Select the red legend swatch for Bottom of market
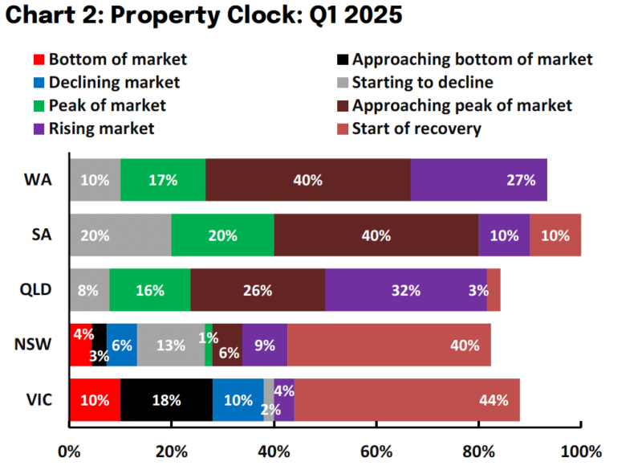point(39,59)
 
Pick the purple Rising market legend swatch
point(39,129)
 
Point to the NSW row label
point(36,345)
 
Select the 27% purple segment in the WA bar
point(478,180)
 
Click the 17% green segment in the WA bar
point(163,180)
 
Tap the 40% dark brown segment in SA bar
point(376,235)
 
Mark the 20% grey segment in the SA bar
point(120,235)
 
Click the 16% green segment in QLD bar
point(150,290)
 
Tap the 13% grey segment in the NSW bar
point(171,345)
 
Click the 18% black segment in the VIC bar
point(167,400)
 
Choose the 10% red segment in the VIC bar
point(95,400)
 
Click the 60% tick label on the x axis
point(376,452)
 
